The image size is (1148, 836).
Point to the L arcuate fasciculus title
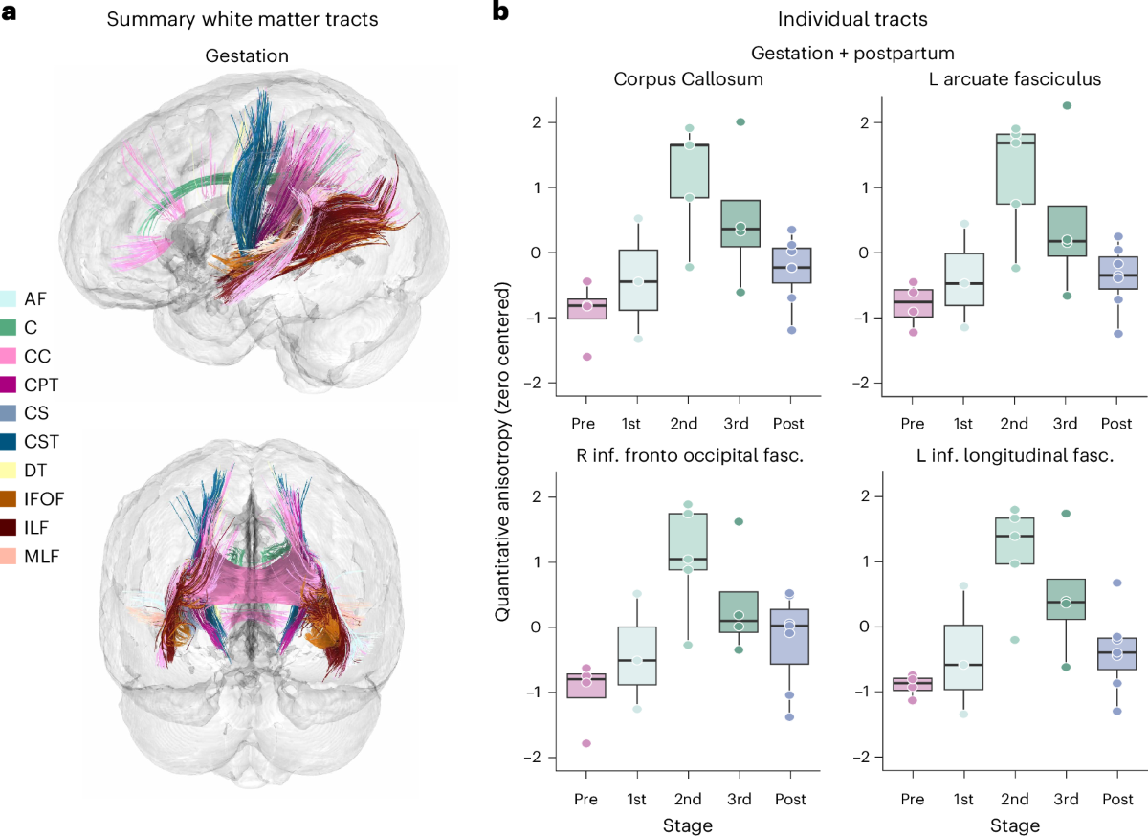pos(1015,78)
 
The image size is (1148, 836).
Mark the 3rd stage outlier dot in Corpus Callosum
pos(740,121)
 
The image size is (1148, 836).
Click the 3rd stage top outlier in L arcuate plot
pos(1067,105)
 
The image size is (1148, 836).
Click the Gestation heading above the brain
pos(247,56)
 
